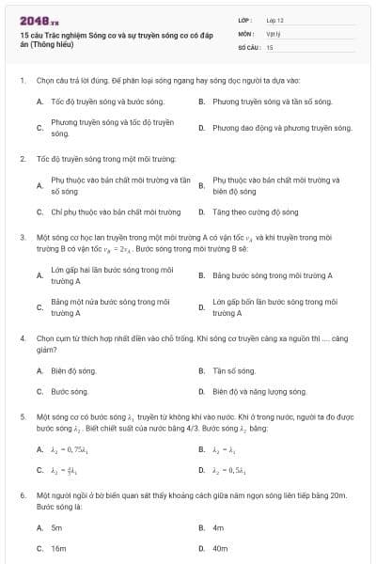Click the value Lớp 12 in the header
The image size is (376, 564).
tap(274, 19)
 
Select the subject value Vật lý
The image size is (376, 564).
tap(273, 32)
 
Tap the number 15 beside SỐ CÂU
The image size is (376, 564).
tap(270, 45)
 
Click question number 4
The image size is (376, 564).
tap(22, 336)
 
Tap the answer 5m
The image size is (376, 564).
tap(56, 528)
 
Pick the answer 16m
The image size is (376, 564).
tap(58, 547)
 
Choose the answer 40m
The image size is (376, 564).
tap(221, 547)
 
